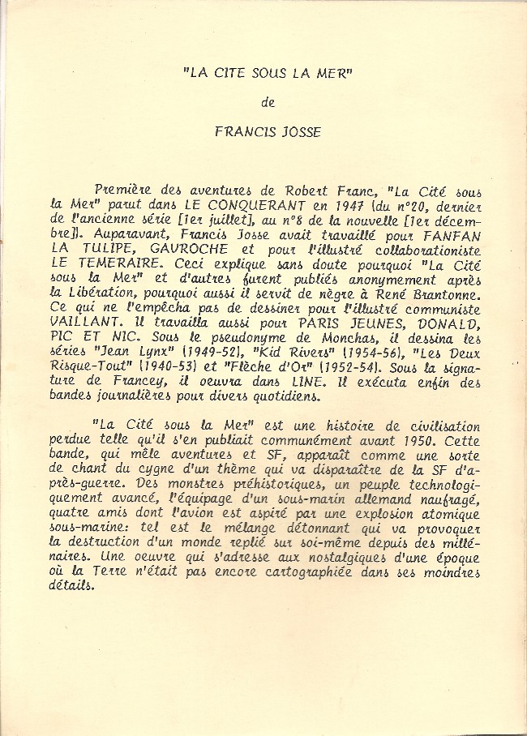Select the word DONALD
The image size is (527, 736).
coord(452,323)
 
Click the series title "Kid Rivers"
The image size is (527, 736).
coord(291,353)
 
